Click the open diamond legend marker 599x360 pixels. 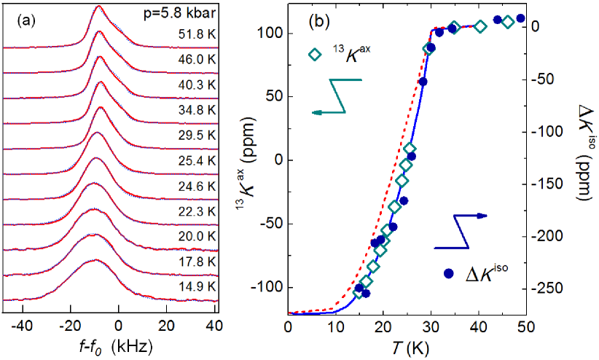tap(314, 54)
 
